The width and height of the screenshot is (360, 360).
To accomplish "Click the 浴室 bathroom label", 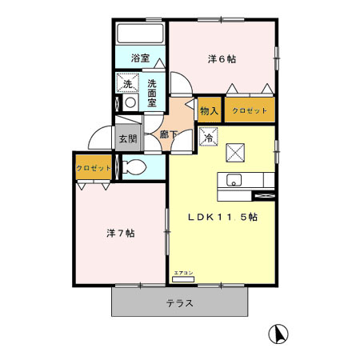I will (x=140, y=58).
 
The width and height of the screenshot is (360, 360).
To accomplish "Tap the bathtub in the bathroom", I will (x=140, y=34).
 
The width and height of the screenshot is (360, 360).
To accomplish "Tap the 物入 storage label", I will (x=209, y=110).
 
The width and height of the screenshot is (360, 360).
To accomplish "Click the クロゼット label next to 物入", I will (x=250, y=110).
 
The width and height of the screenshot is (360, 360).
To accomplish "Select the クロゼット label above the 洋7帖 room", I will (x=93, y=168).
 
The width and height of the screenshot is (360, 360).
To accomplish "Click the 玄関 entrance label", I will (x=127, y=138).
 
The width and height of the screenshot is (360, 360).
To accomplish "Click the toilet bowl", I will (x=137, y=168).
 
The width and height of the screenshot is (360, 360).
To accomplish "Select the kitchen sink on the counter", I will (x=234, y=179).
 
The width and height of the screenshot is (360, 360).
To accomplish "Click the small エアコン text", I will (x=182, y=274).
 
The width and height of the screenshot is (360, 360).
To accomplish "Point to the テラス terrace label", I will (x=180, y=303).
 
